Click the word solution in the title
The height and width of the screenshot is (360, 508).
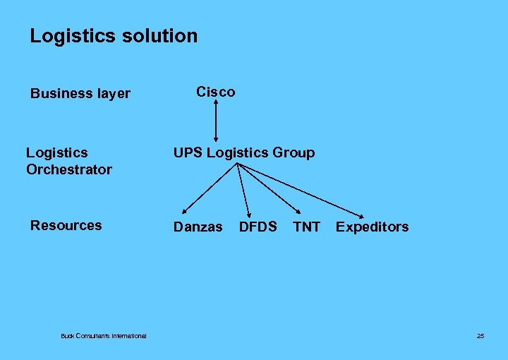click(158, 36)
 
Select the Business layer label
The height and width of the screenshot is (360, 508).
click(80, 94)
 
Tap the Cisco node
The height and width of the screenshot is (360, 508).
click(215, 92)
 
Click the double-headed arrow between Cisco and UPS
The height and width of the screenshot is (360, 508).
click(216, 121)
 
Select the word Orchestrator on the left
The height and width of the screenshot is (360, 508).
click(68, 169)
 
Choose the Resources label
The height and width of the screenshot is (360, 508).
click(66, 225)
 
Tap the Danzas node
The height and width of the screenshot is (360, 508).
click(198, 227)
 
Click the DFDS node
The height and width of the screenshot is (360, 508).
click(258, 227)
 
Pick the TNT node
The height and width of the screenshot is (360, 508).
click(306, 227)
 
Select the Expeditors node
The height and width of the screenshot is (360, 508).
click(372, 227)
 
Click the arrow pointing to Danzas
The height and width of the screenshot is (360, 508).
click(210, 188)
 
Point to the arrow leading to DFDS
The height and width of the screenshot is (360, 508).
click(243, 188)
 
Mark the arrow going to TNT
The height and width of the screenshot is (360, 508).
click(270, 188)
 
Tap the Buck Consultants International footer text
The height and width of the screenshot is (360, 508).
click(104, 336)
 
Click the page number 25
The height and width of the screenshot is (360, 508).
click(480, 336)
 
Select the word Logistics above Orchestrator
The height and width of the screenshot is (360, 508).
click(57, 152)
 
